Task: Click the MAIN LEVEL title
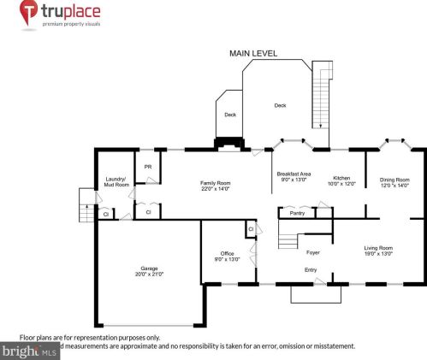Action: [252, 53]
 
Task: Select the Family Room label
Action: [216, 186]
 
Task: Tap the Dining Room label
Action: [394, 181]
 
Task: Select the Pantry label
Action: [297, 213]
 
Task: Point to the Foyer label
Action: [313, 252]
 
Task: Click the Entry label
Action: [311, 270]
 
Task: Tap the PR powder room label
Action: [148, 167]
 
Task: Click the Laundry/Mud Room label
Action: [116, 181]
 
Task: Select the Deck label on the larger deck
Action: [279, 105]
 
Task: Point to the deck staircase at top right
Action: [323, 95]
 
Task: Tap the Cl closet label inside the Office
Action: [252, 229]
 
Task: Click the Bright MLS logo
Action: [30, 351]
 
